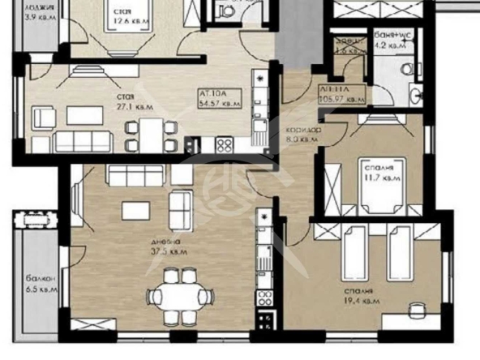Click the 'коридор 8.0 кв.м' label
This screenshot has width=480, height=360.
[303, 135]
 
